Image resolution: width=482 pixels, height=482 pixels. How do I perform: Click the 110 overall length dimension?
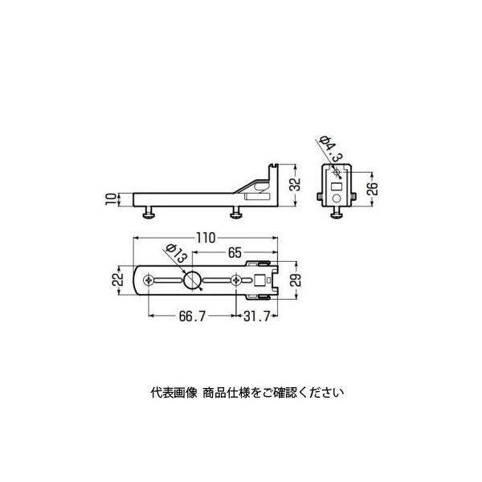click(206, 238)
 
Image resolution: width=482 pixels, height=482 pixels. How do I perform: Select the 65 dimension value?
click(235, 253)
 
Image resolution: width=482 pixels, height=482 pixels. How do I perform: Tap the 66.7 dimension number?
click(192, 316)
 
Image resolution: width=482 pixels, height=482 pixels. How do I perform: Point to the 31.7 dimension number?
click(256, 316)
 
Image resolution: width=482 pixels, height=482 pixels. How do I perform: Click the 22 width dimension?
click(117, 280)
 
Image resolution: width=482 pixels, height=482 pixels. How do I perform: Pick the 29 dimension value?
click(296, 280)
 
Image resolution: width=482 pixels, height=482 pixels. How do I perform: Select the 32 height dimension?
click(296, 185)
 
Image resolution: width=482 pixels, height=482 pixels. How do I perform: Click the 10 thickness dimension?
click(111, 199)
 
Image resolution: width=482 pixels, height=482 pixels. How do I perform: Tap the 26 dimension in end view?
click(372, 189)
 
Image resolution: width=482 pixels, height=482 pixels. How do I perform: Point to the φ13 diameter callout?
click(176, 253)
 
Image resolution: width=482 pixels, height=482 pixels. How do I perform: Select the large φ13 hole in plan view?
click(192, 280)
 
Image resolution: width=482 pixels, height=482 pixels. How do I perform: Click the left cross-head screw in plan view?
click(149, 280)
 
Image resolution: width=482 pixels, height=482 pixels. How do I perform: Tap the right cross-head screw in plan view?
click(236, 280)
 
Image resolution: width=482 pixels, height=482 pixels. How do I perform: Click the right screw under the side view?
click(236, 212)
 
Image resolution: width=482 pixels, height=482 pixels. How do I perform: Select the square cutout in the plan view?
click(259, 280)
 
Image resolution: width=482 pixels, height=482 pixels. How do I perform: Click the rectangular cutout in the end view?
click(337, 186)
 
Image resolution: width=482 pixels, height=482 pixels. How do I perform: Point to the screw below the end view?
click(337, 212)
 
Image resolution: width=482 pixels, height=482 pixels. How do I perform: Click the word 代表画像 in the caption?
click(174, 393)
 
